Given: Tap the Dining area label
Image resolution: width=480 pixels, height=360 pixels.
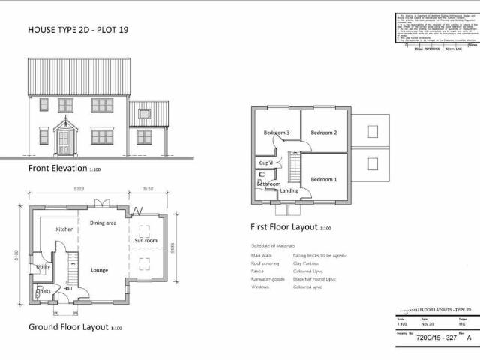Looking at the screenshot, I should pyautogui.click(x=103, y=223).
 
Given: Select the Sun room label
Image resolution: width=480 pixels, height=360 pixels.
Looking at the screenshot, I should pyautogui.click(x=145, y=241).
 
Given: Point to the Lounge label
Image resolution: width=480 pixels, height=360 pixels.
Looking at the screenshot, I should pyautogui.click(x=99, y=270).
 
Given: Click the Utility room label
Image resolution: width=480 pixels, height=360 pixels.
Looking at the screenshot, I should pyautogui.click(x=43, y=266).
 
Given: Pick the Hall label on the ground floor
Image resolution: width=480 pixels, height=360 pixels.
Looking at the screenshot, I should pyautogui.click(x=67, y=288).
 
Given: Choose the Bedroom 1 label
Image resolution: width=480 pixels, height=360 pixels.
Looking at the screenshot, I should pyautogui.click(x=324, y=179).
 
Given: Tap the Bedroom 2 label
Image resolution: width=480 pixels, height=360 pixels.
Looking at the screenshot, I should pyautogui.click(x=324, y=133).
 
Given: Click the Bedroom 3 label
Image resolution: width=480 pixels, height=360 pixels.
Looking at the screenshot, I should pyautogui.click(x=277, y=133).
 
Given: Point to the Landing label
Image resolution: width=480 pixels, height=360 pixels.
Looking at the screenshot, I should pyautogui.click(x=289, y=190).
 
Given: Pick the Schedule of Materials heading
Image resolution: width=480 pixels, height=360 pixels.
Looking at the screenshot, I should pyautogui.click(x=274, y=245).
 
